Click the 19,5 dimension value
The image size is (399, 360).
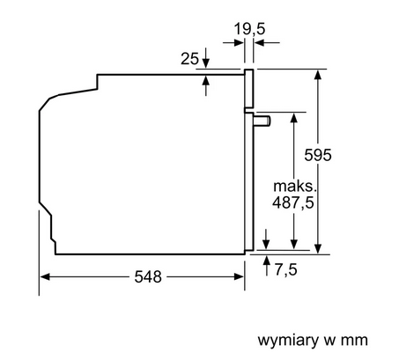point(249,29)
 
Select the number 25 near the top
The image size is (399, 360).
point(189,59)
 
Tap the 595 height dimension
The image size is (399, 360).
point(318,155)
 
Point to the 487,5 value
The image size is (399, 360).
point(292,202)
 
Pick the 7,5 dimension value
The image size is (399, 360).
point(285,269)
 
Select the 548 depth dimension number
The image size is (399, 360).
point(148,276)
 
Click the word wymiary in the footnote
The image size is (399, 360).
point(288,341)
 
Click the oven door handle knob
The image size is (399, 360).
point(262,121)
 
